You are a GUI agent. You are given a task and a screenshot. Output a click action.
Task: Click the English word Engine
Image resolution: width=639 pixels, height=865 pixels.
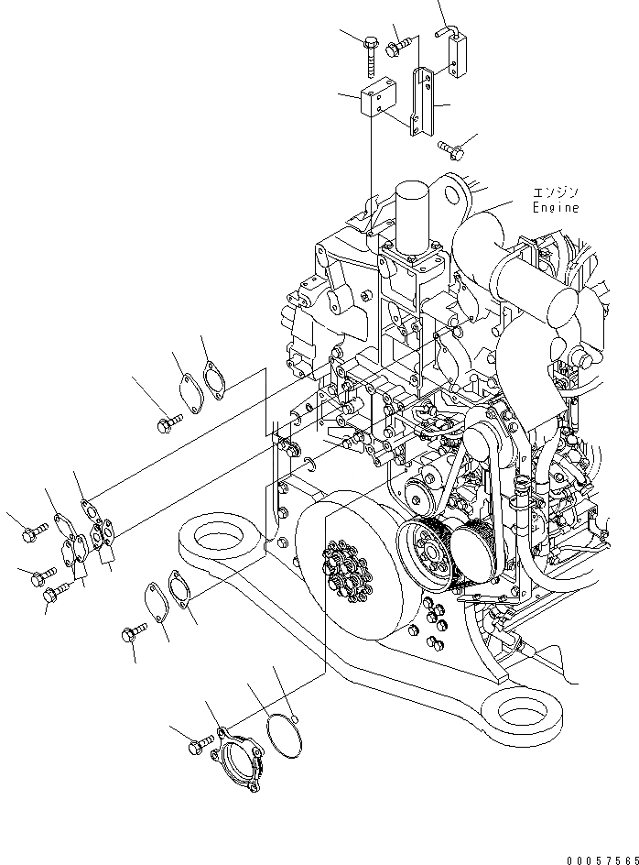556,208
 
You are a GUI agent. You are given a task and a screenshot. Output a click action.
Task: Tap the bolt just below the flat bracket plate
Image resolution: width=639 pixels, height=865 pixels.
449,146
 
